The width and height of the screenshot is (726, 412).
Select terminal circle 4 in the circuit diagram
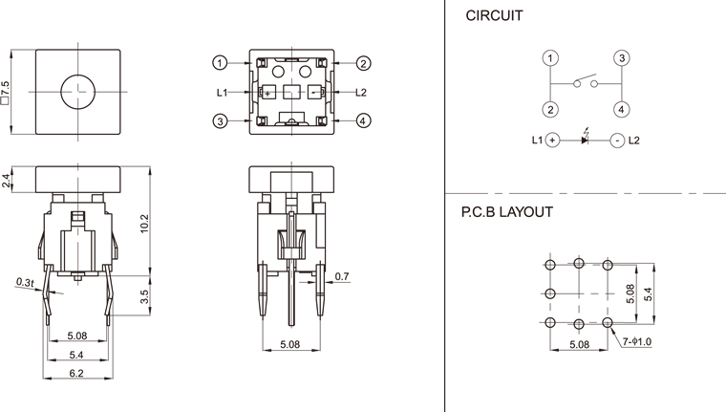621,109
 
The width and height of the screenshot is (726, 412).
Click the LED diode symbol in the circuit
586,140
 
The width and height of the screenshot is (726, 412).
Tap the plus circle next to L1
552,141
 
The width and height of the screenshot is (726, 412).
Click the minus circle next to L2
617,141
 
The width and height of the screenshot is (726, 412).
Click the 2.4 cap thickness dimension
8,179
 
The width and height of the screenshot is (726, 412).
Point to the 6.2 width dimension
76,373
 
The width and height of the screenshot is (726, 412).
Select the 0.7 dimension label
342,278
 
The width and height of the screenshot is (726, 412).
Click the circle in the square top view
76,91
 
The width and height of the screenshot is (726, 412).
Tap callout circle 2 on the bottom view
364,63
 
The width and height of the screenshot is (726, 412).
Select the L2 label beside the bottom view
361,93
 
